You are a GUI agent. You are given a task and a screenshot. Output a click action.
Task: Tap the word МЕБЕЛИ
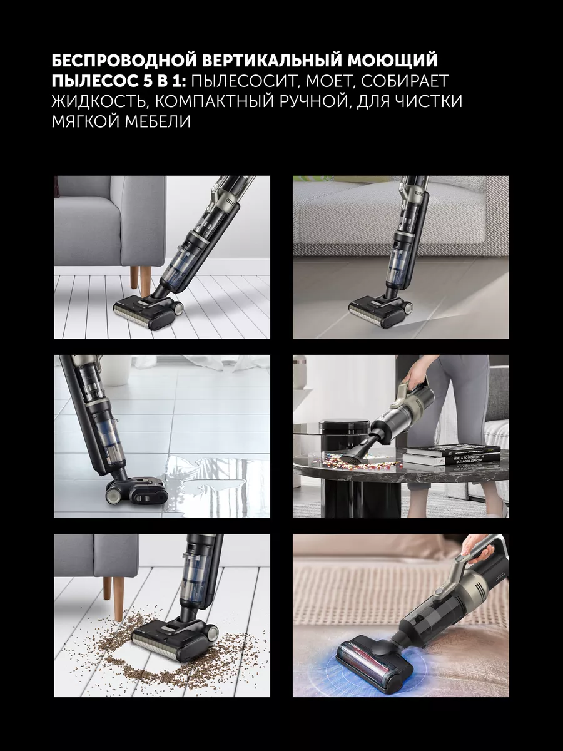click(x=157, y=122)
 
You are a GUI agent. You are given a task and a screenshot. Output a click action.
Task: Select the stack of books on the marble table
click(x=450, y=454)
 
